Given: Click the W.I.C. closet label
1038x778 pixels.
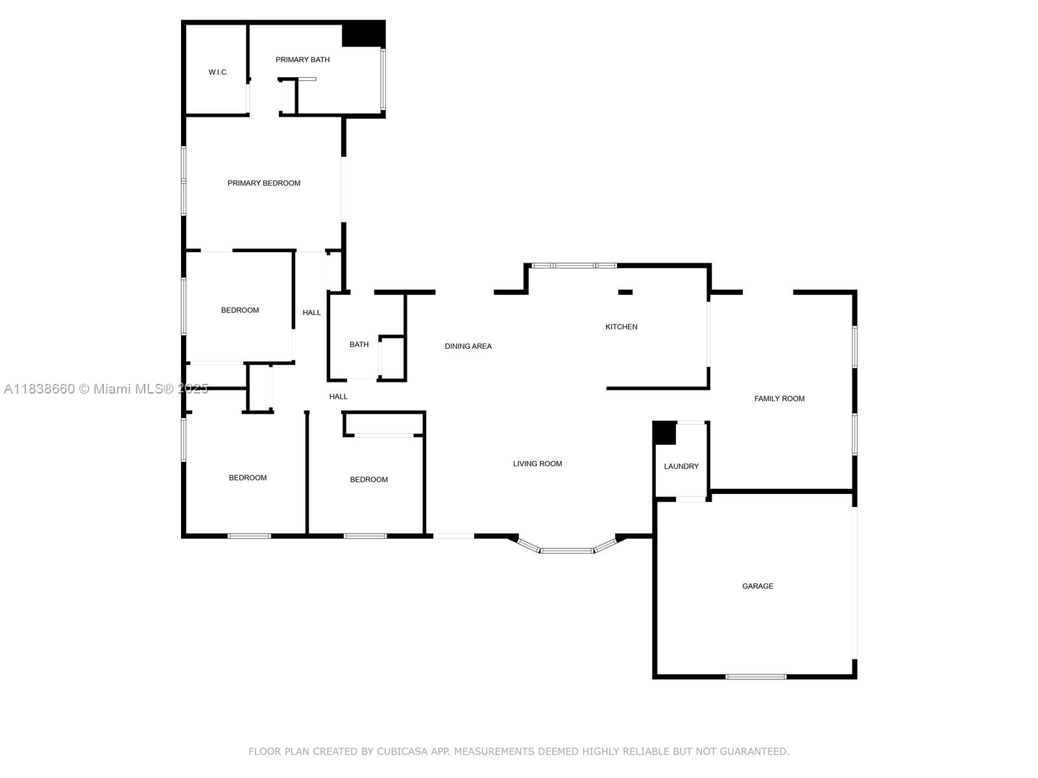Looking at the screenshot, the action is (x=218, y=72).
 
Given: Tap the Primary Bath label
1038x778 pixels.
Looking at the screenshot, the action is (x=302, y=60).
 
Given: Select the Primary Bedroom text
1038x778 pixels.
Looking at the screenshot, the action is (x=264, y=183).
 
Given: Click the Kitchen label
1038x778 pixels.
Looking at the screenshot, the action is (x=621, y=327).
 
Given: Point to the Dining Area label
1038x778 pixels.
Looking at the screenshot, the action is (x=468, y=346).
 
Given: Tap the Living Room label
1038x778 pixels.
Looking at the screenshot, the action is (x=537, y=464).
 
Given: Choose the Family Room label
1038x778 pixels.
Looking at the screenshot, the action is (x=779, y=399).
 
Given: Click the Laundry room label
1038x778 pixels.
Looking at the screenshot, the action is (x=681, y=466).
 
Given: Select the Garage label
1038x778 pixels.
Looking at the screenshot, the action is (x=758, y=586).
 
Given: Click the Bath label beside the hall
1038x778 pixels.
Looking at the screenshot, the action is (x=359, y=344).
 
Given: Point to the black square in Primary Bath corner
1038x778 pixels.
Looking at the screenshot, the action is (x=363, y=34).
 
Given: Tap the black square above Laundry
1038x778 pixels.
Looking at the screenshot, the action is (x=664, y=432).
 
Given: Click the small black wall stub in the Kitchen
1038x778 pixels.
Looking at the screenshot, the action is (x=625, y=292).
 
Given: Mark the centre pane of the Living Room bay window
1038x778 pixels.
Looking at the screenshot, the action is (x=566, y=550).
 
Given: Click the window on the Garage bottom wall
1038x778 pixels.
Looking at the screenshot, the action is (x=755, y=678).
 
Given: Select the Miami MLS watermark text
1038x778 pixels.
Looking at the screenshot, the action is (x=106, y=389).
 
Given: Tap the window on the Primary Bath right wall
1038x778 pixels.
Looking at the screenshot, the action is (x=383, y=79).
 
